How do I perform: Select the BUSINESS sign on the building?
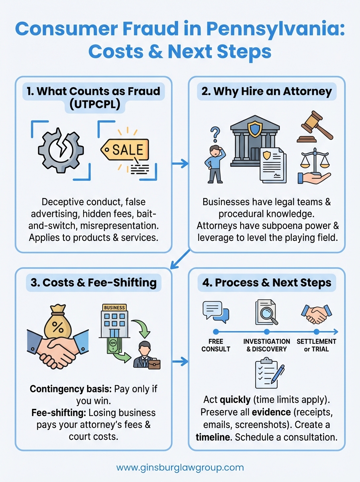[x=114, y=307]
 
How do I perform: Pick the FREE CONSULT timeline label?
[x=216, y=345]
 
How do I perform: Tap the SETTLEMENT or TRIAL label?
[x=316, y=345]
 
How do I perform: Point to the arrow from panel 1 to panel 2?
[x=180, y=163]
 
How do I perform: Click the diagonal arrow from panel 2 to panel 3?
[x=180, y=259]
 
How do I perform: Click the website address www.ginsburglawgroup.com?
[x=180, y=468]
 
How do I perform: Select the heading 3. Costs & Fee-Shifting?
[x=93, y=282]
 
